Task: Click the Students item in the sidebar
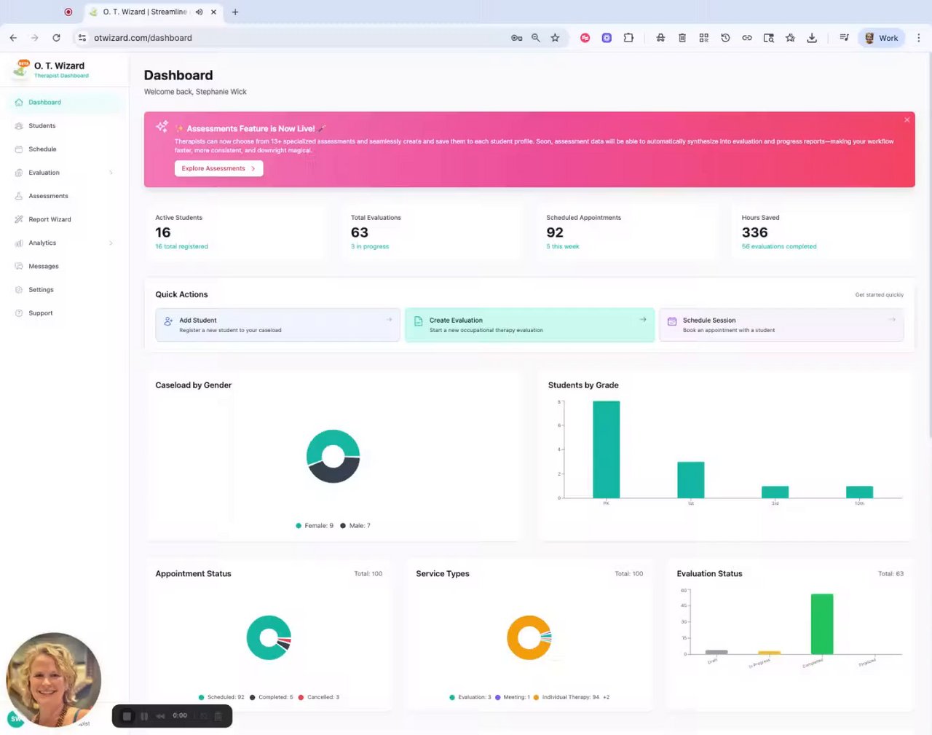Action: (42, 126)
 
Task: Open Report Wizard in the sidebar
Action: (50, 219)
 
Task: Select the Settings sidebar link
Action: (41, 290)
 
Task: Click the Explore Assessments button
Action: (218, 168)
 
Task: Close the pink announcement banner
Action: (907, 120)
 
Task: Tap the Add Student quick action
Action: (277, 325)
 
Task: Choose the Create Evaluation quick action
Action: (529, 325)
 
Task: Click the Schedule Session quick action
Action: (781, 325)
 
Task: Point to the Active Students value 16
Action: (163, 232)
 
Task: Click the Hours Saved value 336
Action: (754, 232)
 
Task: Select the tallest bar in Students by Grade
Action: (606, 449)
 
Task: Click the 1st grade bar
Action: (690, 480)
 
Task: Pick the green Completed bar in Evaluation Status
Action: (822, 624)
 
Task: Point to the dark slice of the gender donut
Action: (333, 474)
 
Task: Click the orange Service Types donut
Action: (518, 637)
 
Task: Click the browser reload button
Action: (56, 38)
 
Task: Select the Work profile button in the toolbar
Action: (881, 38)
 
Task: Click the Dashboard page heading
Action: (178, 75)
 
